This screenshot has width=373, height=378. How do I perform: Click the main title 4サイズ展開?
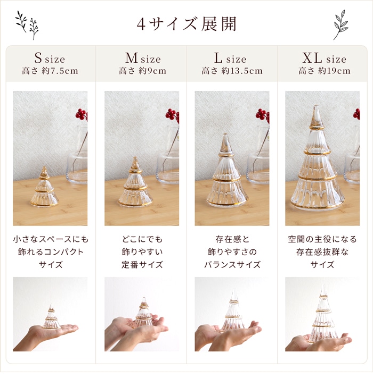[x=186, y=24]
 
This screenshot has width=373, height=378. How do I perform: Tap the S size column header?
[x=50, y=58]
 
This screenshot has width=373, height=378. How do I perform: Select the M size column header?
[x=143, y=58]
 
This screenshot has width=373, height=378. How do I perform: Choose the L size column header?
[x=230, y=58]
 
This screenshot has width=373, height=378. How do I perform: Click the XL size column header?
[x=324, y=58]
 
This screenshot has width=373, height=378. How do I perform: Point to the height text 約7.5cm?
[x=60, y=71]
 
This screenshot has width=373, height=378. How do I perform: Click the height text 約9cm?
[x=152, y=71]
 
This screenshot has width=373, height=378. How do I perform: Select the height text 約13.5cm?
[x=242, y=71]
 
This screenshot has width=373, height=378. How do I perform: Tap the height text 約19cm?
[x=334, y=71]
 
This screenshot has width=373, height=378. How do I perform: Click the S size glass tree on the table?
[x=44, y=187]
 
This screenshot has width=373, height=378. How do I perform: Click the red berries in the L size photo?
[x=263, y=115]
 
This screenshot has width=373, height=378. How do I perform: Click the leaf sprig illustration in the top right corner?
[x=341, y=25]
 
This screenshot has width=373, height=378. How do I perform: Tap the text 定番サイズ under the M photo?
[x=142, y=265]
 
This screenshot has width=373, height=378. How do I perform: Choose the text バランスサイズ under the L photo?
[x=232, y=265]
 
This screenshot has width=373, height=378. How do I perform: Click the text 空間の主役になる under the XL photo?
[x=322, y=239]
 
